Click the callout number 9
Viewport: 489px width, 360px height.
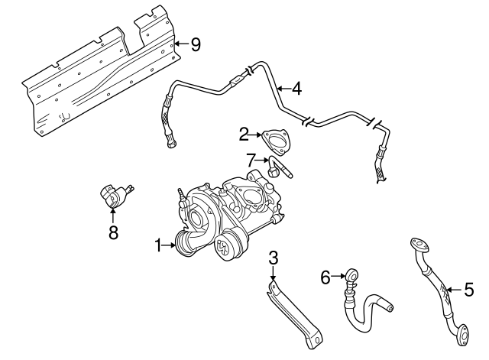196,44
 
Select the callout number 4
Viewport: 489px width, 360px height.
296,88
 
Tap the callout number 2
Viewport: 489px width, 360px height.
244,135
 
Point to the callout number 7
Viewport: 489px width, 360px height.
250,160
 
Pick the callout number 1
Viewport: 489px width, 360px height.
160,245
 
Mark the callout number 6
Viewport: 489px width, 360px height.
325,277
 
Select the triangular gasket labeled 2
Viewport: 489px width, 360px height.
275,144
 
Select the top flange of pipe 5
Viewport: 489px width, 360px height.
418,244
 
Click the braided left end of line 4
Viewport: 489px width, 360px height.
165,118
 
